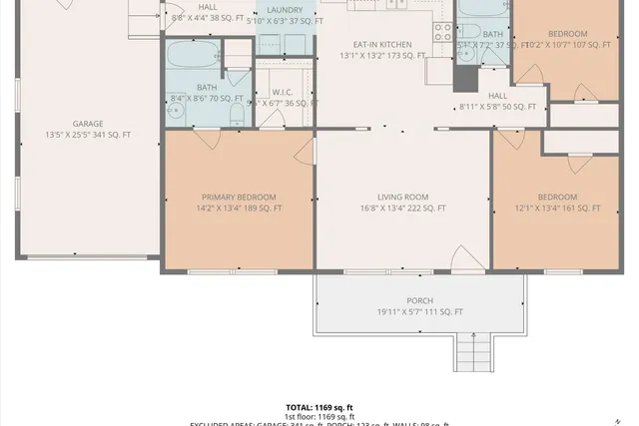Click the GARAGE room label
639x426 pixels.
[x=87, y=124]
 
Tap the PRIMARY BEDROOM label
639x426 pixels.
[x=239, y=198]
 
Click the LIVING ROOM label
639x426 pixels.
[x=403, y=198]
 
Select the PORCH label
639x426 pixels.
[x=419, y=300]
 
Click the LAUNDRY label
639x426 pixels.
[x=285, y=10]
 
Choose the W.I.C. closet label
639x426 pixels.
[x=282, y=92]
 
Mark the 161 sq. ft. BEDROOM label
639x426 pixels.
[x=557, y=198]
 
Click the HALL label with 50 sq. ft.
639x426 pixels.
[x=497, y=96]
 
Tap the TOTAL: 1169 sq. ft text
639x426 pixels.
[x=319, y=407]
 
